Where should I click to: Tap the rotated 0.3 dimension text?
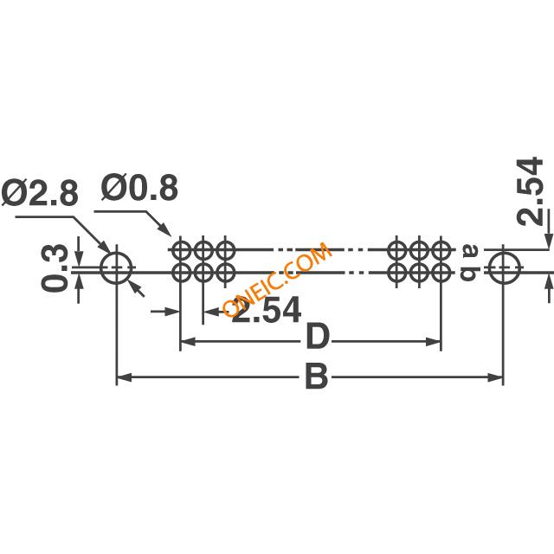[54, 267]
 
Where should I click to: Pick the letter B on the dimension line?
[316, 377]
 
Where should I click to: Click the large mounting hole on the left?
[116, 268]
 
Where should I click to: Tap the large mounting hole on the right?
[503, 268]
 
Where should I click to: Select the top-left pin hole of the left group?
[181, 252]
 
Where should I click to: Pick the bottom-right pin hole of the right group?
[441, 274]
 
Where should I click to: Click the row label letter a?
[470, 252]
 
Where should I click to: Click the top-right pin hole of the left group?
[225, 252]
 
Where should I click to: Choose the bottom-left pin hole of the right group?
[397, 274]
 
